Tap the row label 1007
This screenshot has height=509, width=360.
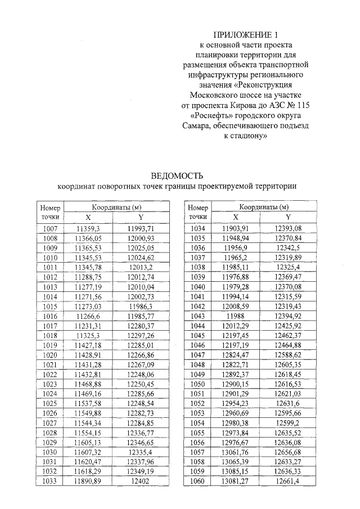pyautogui.click(x=50, y=228)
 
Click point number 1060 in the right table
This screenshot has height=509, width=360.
pyautogui.click(x=197, y=481)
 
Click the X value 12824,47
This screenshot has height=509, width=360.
pyautogui.click(x=235, y=355)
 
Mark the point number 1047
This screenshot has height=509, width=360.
pyautogui.click(x=197, y=355)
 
